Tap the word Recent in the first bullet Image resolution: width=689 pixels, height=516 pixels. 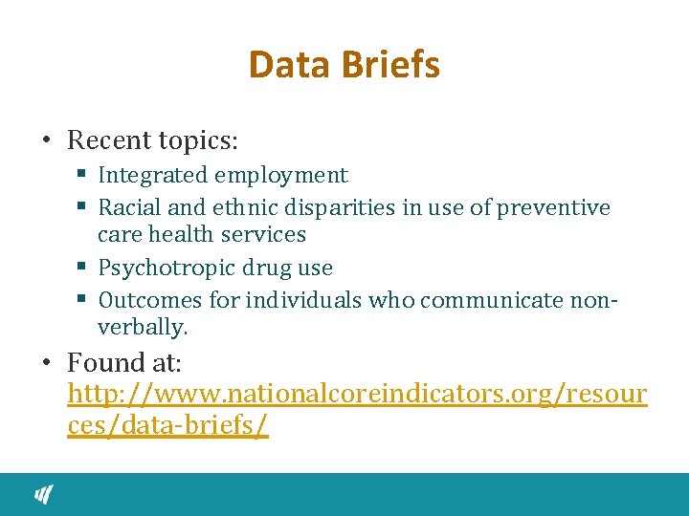tap(110, 140)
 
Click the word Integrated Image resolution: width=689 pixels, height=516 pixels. tap(153, 176)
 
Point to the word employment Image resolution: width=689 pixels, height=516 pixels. tap(281, 176)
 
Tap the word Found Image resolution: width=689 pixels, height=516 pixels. tap(105, 363)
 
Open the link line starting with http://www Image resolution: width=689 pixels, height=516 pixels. tap(357, 394)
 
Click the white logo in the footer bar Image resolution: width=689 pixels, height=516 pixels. tap(44, 494)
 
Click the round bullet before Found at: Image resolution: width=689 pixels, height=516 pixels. tap(47, 363)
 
